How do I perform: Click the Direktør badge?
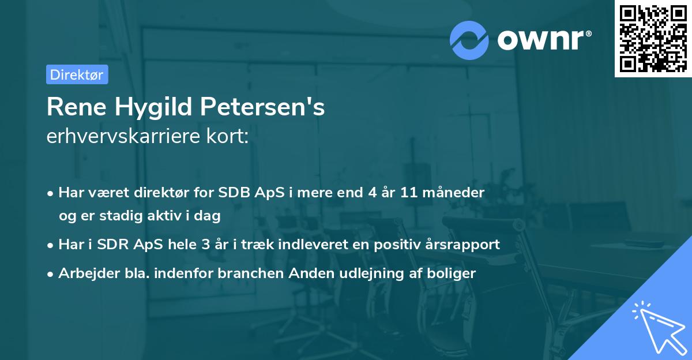77,74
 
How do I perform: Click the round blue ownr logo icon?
469,40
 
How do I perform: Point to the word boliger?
454,273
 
